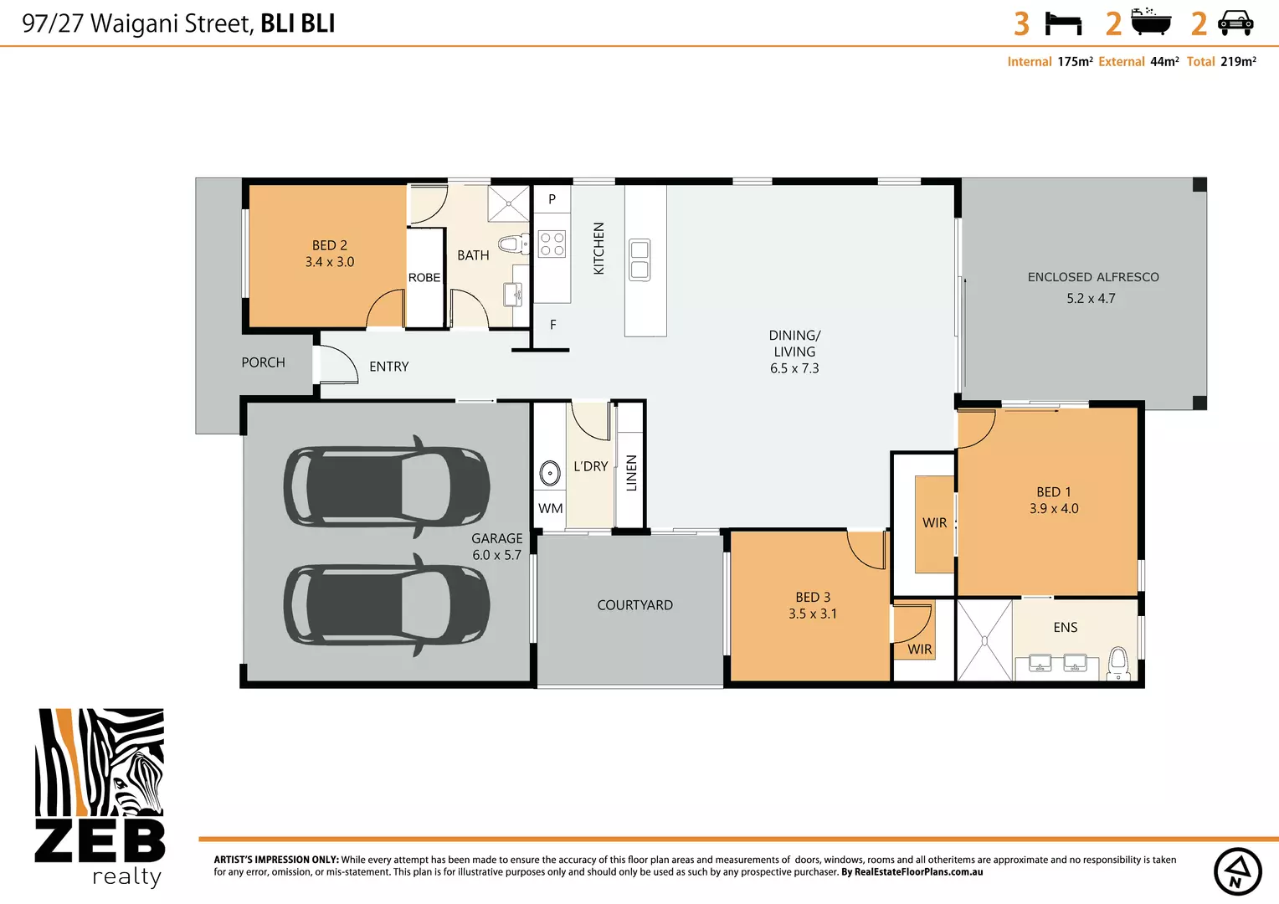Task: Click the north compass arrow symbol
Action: (1238, 871)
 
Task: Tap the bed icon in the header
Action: (1064, 23)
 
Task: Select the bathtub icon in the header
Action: (1151, 23)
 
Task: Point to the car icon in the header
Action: (1235, 23)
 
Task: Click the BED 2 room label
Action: (329, 245)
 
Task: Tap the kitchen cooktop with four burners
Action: (552, 244)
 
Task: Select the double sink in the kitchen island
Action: (639, 259)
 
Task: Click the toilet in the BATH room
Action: (511, 244)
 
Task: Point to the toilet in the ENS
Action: (1118, 662)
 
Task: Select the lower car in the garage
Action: (386, 605)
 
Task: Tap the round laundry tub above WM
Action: (550, 473)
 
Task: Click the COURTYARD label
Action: (634, 605)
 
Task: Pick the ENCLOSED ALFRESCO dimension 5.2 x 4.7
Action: (1091, 299)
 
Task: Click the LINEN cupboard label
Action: (632, 473)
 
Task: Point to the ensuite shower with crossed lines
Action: (984, 640)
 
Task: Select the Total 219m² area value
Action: (1238, 62)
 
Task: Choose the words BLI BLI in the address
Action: (297, 23)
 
